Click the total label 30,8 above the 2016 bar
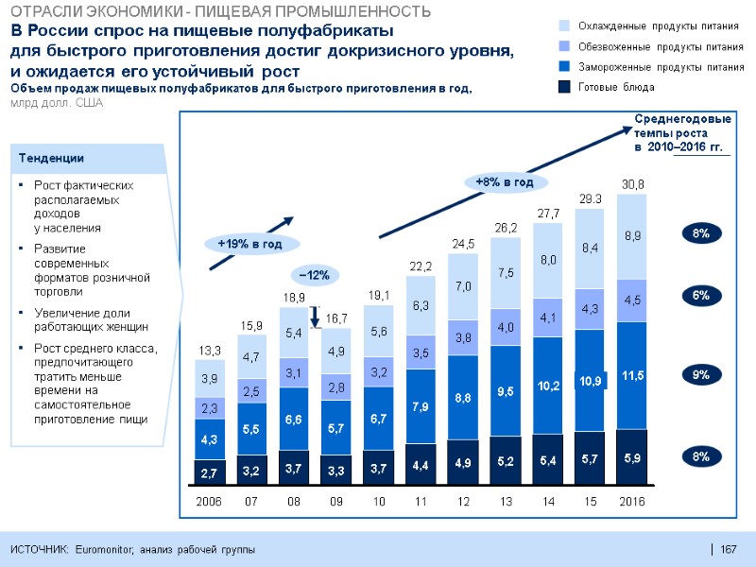[631, 183]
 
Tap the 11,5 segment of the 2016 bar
[631, 375]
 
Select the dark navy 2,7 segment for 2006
[209, 471]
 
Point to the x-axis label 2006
[209, 501]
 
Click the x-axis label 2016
[631, 501]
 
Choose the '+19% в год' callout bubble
[250, 244]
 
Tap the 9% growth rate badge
[700, 375]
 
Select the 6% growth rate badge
[700, 296]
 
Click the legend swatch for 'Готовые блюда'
[565, 87]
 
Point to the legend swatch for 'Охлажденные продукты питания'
[565, 25]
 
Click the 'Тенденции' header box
[90, 159]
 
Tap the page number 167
[728, 550]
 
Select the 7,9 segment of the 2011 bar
[421, 406]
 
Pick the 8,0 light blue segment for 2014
[547, 259]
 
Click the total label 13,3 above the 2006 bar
[209, 352]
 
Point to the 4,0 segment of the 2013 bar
[505, 327]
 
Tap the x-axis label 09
[335, 501]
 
